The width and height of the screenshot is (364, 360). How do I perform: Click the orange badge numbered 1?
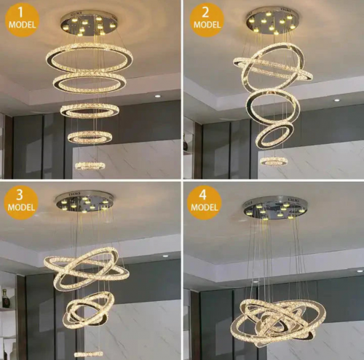pos(22,20)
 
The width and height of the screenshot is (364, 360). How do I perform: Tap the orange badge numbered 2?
pos(207,20)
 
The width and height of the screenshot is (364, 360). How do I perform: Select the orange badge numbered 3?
pos(21,203)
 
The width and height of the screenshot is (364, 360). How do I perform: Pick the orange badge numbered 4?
pos(204,203)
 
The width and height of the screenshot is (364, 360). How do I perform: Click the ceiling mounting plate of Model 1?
pos(90,23)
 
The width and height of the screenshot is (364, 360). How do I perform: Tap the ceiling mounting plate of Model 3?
pos(84,201)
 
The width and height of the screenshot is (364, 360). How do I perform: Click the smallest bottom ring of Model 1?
pos(90,166)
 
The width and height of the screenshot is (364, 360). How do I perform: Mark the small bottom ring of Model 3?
pos(89,354)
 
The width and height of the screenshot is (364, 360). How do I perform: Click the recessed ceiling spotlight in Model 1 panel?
pos(158,96)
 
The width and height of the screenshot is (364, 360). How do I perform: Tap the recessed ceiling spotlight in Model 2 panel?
pos(336,100)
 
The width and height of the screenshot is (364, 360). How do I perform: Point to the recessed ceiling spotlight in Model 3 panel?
pos(165,256)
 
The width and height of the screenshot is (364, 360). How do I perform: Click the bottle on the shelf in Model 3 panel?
pos(5,298)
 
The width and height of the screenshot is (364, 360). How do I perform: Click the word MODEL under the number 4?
pos(204,207)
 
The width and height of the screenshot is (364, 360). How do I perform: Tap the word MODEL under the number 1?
pos(22,25)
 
